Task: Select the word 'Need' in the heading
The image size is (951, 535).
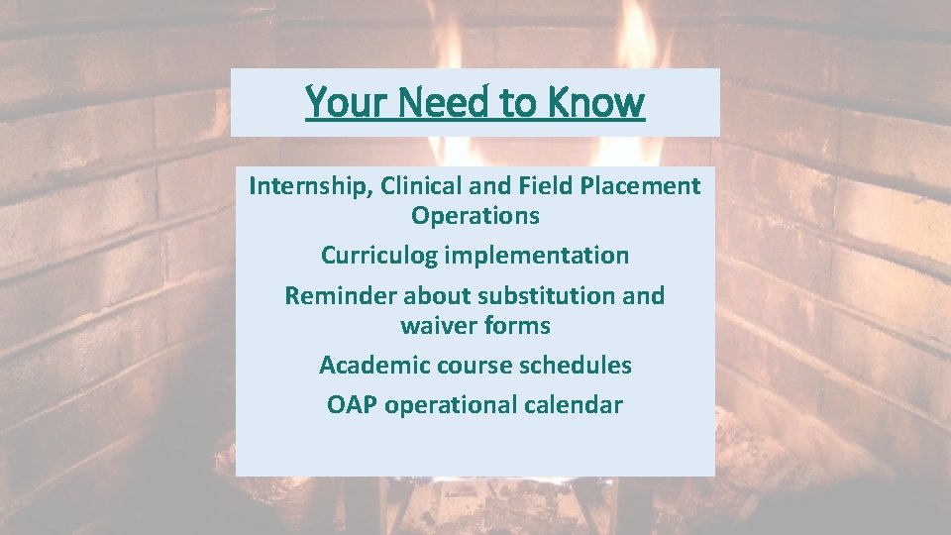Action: (x=435, y=102)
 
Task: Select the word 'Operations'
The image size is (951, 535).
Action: (x=475, y=216)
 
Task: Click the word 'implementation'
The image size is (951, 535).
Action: (x=536, y=256)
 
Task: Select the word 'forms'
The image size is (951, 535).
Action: (x=518, y=326)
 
